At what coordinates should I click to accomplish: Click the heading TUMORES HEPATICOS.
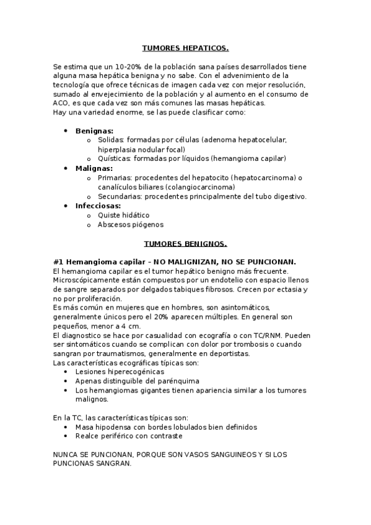[185, 47]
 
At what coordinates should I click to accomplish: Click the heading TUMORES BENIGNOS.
[185, 243]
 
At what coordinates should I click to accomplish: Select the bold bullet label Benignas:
[94, 131]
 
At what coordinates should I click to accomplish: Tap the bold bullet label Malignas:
[94, 168]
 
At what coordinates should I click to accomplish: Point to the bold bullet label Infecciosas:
[98, 206]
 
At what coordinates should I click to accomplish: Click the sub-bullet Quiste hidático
[123, 215]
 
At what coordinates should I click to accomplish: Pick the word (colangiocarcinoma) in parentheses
[199, 187]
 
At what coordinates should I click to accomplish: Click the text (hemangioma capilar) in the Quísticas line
[248, 159]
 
